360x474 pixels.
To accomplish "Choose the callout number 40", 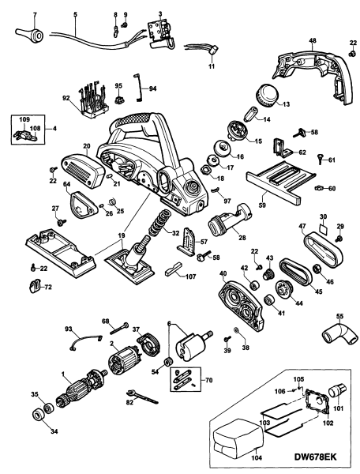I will [223, 275].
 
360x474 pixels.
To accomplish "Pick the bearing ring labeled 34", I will [36, 414].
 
